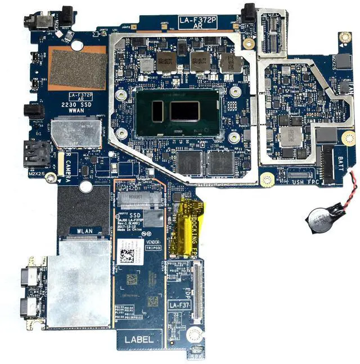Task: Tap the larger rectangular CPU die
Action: click(184, 111)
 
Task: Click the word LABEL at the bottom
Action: click(139, 339)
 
